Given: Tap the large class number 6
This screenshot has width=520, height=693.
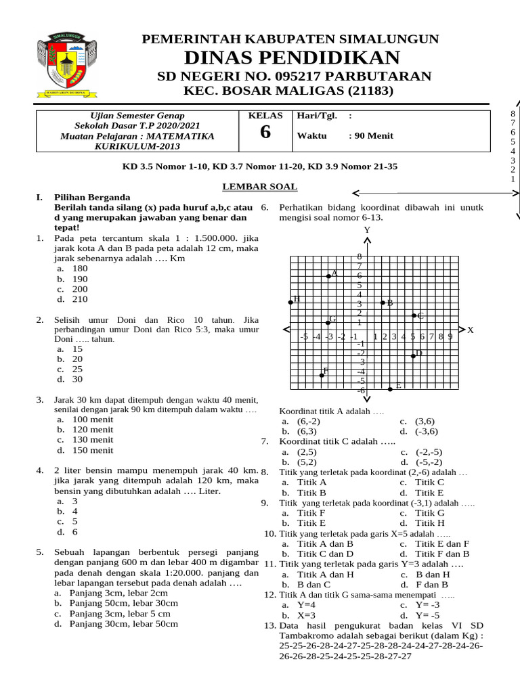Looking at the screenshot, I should click(x=265, y=133).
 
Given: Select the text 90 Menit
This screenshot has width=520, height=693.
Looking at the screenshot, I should click(x=370, y=135).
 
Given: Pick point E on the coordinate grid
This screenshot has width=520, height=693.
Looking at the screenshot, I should click(x=391, y=388).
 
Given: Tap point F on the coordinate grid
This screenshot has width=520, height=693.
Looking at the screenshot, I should click(x=322, y=374).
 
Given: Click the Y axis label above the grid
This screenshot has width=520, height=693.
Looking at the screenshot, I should click(x=367, y=230).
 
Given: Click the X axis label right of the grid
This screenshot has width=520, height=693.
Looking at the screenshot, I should click(x=471, y=330).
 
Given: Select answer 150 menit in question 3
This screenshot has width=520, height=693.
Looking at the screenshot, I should click(x=93, y=450).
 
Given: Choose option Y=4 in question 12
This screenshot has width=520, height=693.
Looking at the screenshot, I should click(x=307, y=605).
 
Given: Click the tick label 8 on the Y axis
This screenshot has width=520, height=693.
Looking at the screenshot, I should click(x=360, y=256).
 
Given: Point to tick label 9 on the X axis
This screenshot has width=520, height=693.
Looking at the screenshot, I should click(x=450, y=336).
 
